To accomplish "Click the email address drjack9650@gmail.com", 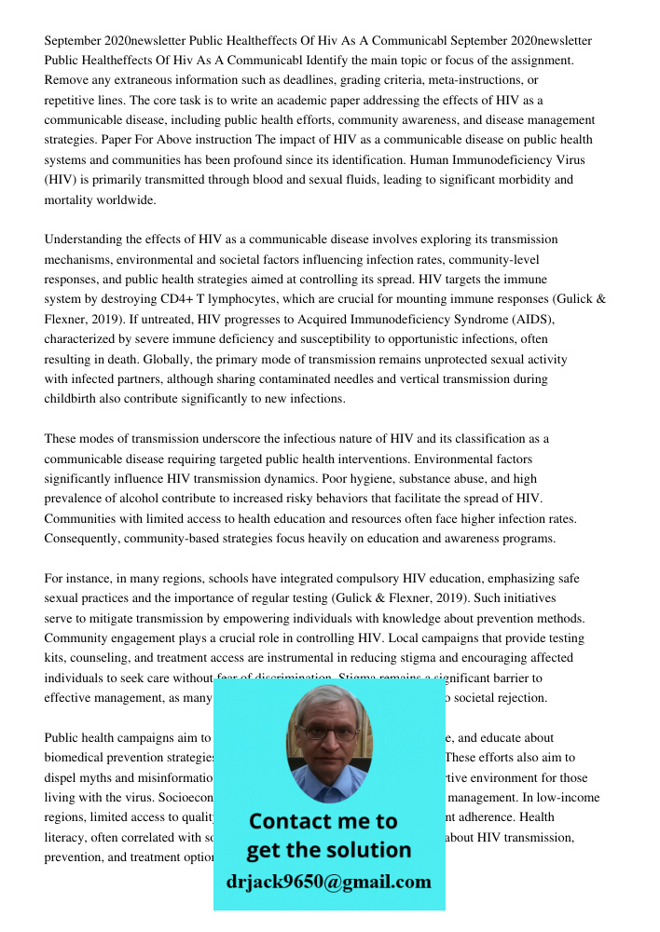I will pos(328,882).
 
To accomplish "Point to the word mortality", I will pos(73,199).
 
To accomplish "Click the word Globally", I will pos(70,359).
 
